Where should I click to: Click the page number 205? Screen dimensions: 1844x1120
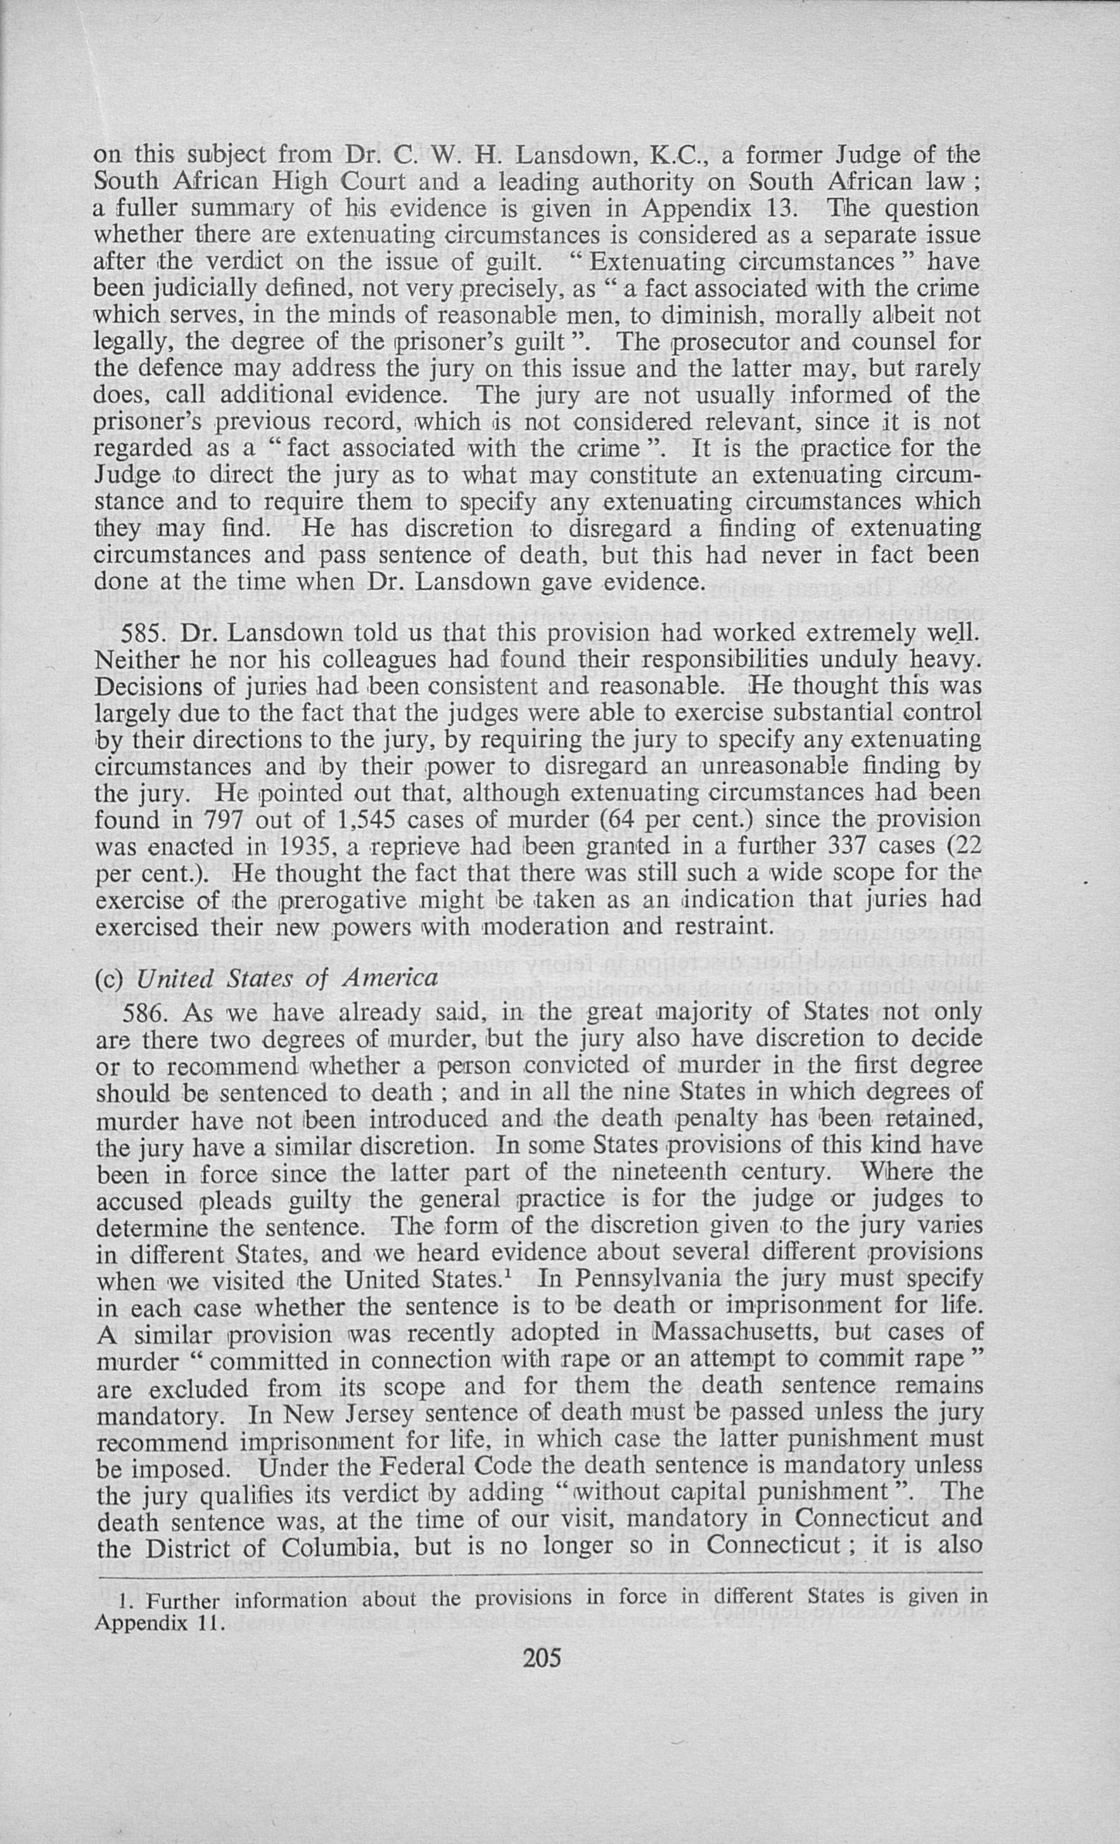tap(542, 1658)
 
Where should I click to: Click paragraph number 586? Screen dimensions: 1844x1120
tap(146, 1012)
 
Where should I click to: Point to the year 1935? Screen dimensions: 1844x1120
tap(306, 846)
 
